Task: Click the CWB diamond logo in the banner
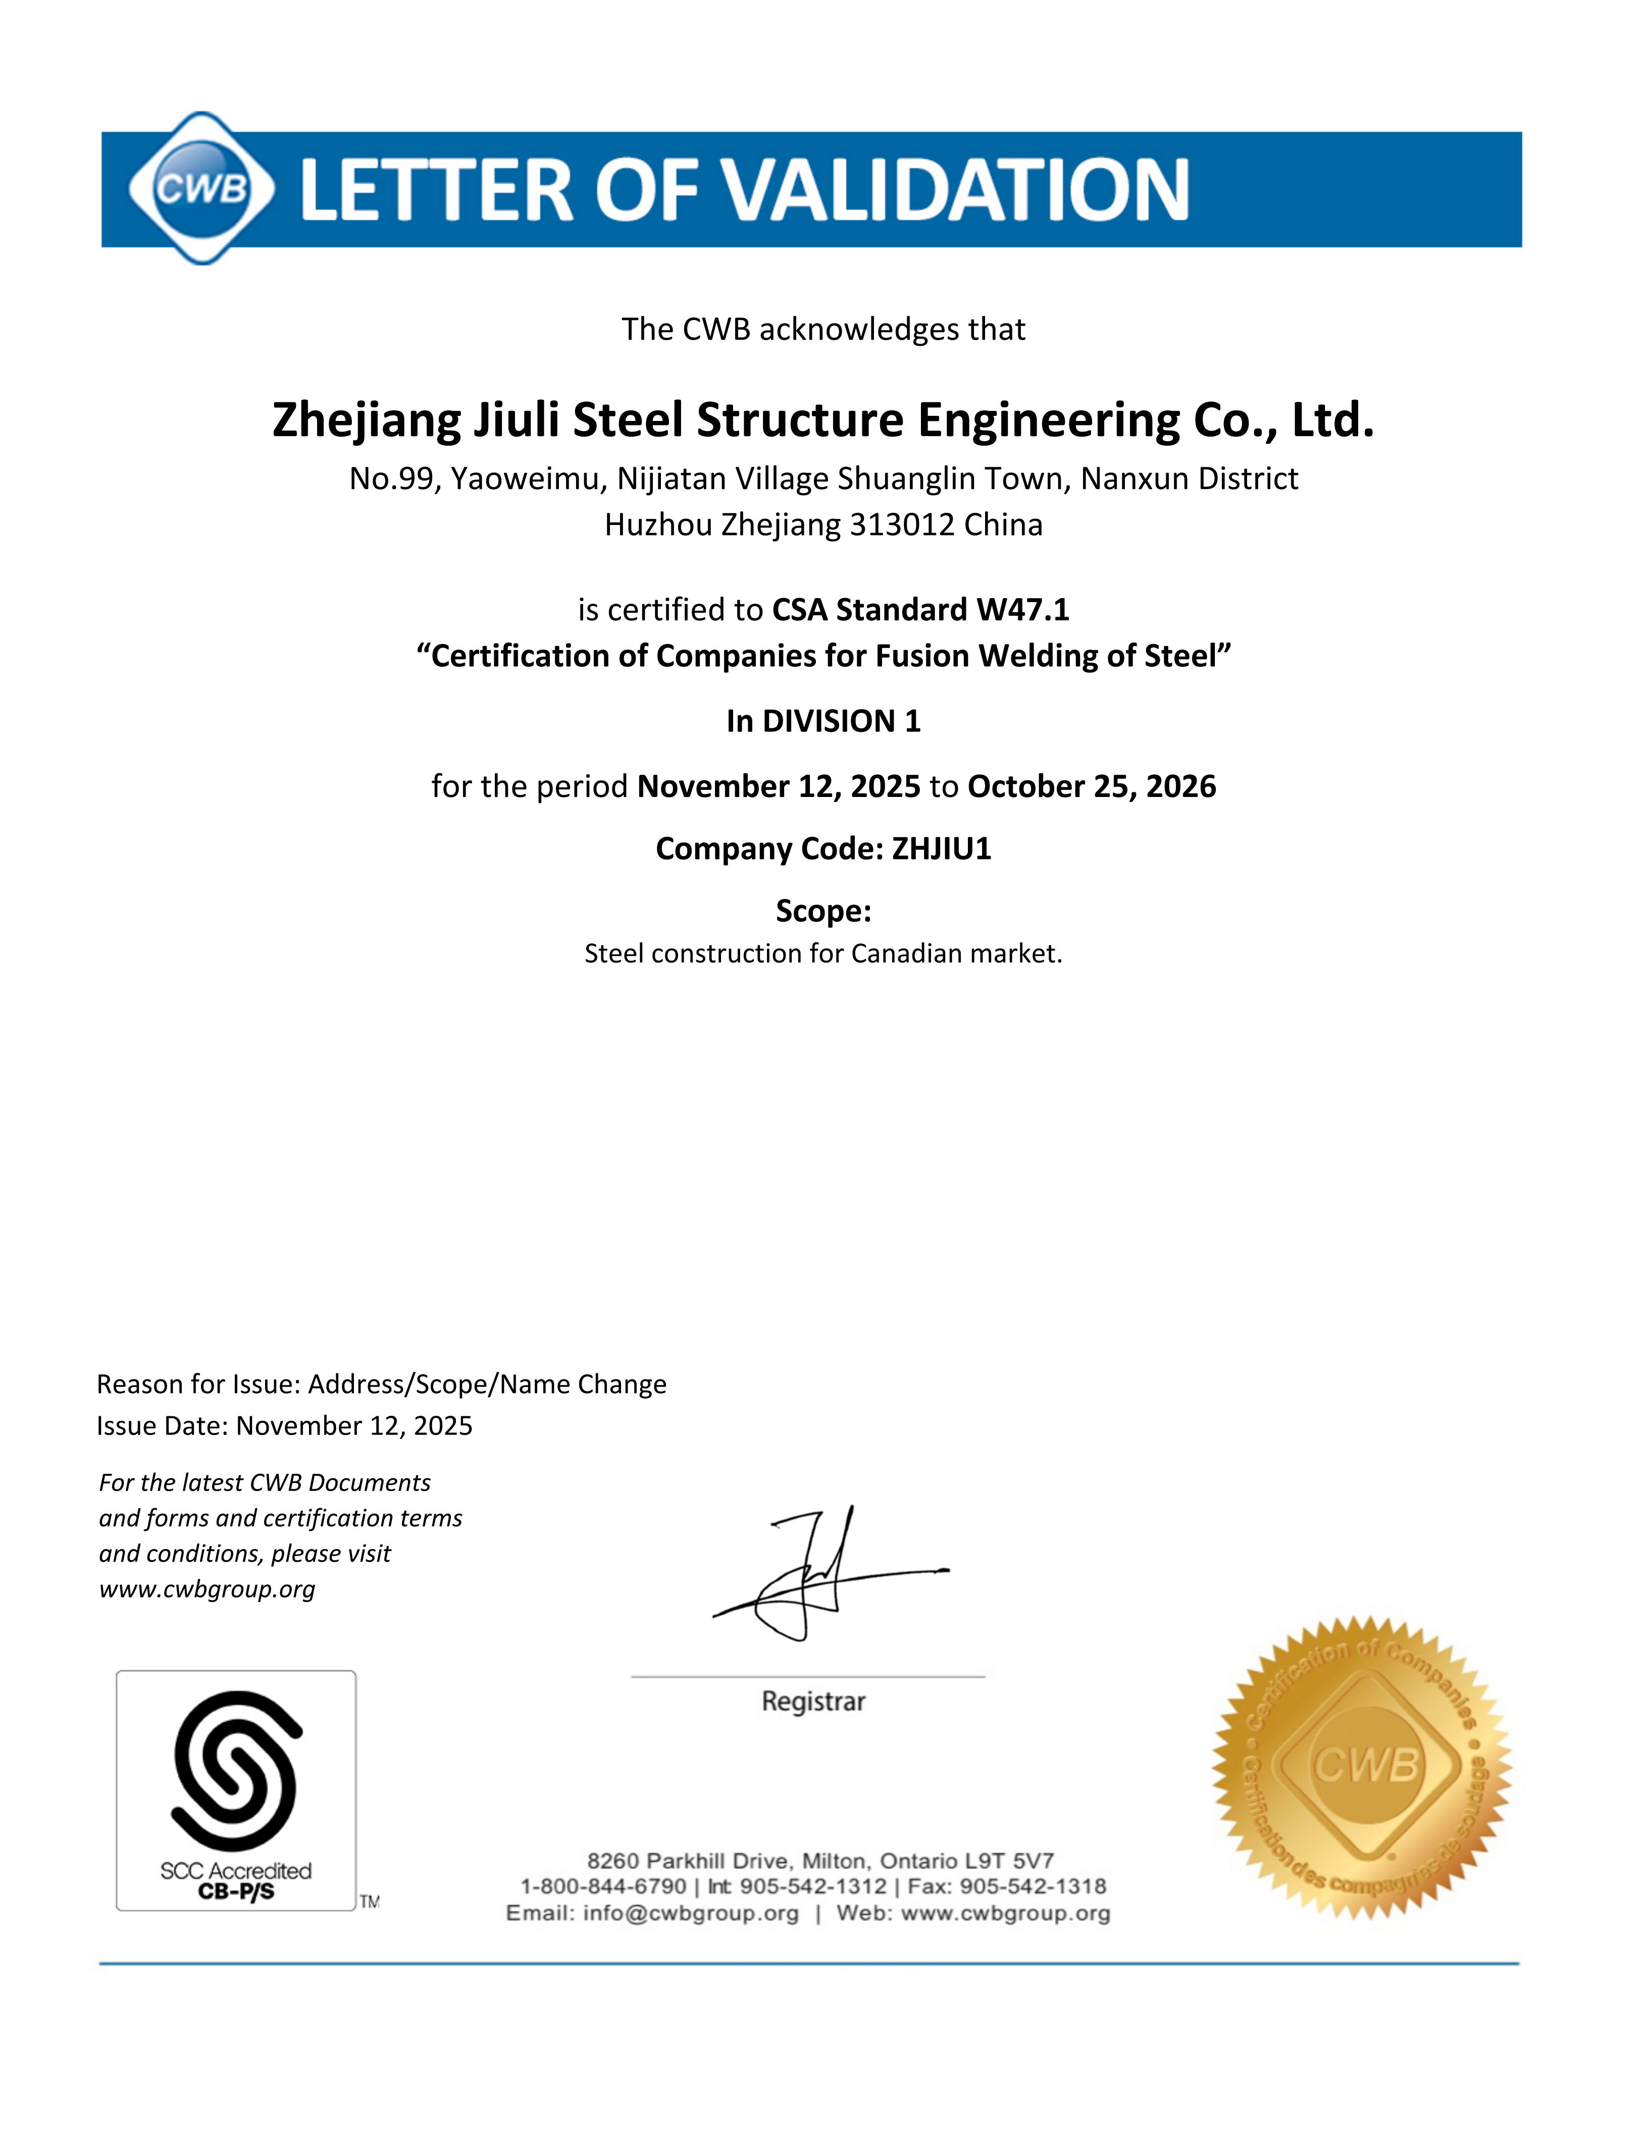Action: point(201,187)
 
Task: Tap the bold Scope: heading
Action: point(823,910)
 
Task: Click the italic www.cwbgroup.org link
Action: point(207,1589)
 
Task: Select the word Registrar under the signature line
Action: point(813,1701)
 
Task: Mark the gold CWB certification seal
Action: point(1362,1767)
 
